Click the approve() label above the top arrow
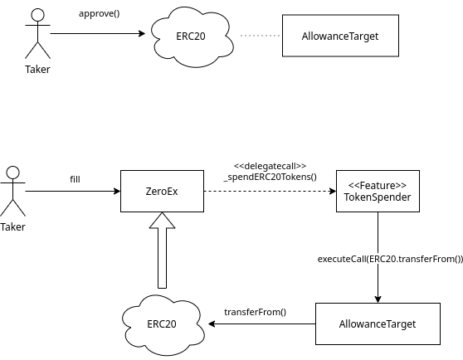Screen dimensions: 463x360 pyautogui.click(x=100, y=14)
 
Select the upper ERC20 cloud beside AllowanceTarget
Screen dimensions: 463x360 pyautogui.click(x=192, y=36)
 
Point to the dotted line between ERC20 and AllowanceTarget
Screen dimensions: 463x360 pyautogui.click(x=260, y=36)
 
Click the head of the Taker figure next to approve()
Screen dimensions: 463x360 pyautogui.click(x=38, y=15)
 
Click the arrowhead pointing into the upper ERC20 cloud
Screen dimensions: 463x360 pyautogui.click(x=142, y=34)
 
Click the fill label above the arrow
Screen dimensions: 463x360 pyautogui.click(x=75, y=179)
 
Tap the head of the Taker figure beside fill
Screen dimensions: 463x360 pyautogui.click(x=13, y=173)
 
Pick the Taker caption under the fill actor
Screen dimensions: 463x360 pyautogui.click(x=12, y=227)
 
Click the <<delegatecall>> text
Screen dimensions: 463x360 pyautogui.click(x=270, y=166)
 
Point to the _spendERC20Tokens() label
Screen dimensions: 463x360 pyautogui.click(x=270, y=177)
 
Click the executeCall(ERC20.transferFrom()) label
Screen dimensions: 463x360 pyautogui.click(x=390, y=259)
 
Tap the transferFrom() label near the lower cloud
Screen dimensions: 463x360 pyautogui.click(x=255, y=312)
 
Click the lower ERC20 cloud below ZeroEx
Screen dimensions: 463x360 pyautogui.click(x=163, y=325)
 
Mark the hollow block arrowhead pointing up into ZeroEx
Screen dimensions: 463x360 pyautogui.click(x=162, y=220)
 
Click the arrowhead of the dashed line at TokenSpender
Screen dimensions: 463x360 pyautogui.click(x=333, y=192)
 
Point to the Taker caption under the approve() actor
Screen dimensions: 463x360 pyautogui.click(x=37, y=70)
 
